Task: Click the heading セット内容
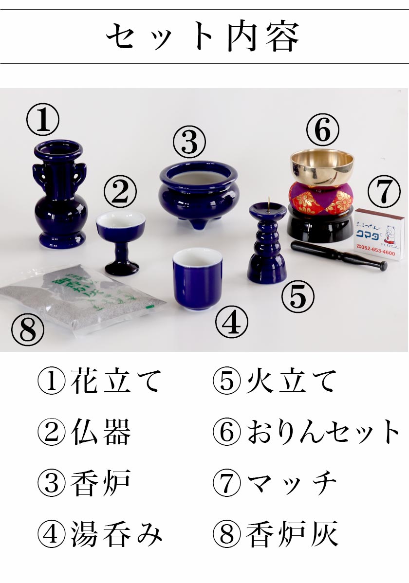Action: (203, 37)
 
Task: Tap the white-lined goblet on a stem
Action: (120, 234)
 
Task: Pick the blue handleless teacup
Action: (197, 277)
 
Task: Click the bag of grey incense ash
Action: (83, 297)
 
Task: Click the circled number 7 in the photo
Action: (384, 191)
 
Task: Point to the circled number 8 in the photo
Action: (28, 330)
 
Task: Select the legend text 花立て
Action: (115, 381)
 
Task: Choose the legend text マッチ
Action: (291, 483)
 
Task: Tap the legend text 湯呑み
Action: (116, 534)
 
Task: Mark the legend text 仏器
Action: (101, 432)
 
